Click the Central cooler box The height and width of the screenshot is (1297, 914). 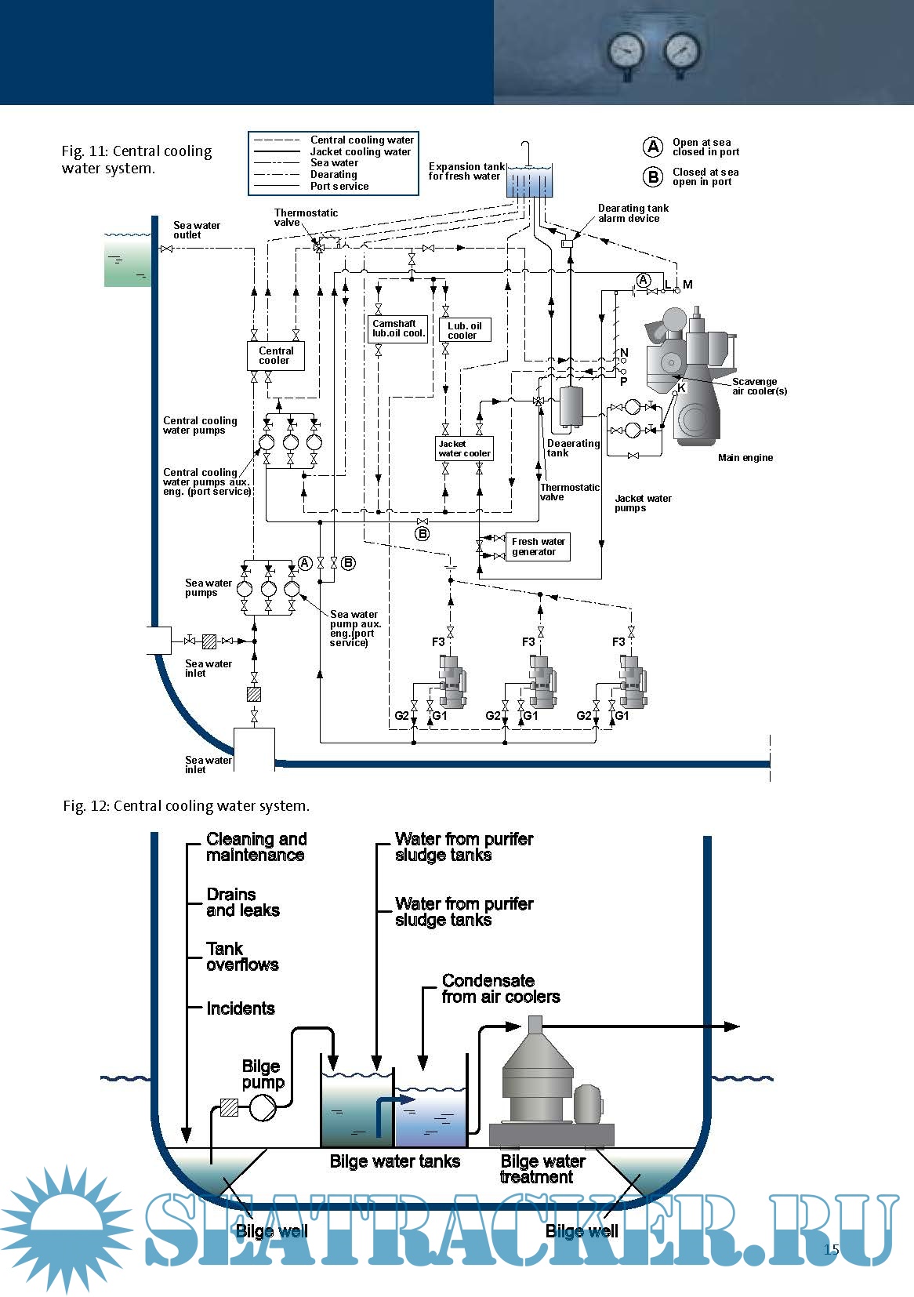[275, 356]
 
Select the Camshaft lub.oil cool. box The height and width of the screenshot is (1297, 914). [398, 329]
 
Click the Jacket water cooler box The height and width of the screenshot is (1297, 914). [464, 449]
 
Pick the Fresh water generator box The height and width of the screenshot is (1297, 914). [538, 547]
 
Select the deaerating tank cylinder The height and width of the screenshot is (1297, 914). [572, 405]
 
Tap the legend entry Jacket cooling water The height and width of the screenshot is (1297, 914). [360, 151]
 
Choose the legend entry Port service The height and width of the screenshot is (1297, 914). [339, 186]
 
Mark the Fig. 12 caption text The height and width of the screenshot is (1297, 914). [186, 805]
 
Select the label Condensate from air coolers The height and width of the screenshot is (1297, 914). [500, 989]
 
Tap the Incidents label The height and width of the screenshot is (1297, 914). [240, 1008]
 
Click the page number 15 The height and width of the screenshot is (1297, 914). [831, 1249]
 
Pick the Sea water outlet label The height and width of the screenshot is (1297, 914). [196, 230]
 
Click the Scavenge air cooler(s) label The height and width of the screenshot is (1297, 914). [759, 386]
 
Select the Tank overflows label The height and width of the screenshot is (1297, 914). [241, 957]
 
